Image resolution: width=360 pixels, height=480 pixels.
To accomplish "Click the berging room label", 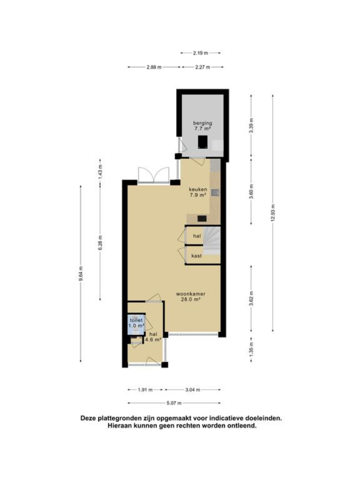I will tap(202, 126).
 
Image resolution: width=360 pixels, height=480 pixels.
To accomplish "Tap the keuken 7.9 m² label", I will tap(198, 192).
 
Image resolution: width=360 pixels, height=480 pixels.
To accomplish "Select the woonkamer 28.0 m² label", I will tap(190, 297).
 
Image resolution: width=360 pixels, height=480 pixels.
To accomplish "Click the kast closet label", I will tap(196, 255).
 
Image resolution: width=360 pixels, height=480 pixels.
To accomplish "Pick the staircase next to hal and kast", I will tap(212, 245).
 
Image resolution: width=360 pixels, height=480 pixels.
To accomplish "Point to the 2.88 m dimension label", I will tap(154, 67).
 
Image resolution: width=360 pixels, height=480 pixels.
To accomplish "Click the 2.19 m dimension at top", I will tap(200, 52).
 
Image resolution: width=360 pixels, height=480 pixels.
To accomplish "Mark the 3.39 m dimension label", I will tap(251, 126).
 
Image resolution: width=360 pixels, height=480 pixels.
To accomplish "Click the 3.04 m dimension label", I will tap(193, 390).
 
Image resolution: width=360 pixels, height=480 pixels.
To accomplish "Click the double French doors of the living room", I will tap(153, 175).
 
